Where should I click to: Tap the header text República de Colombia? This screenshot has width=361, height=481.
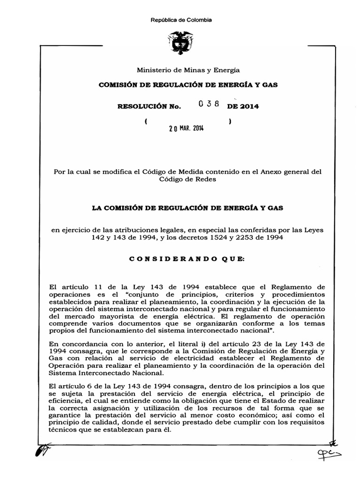click(181, 20)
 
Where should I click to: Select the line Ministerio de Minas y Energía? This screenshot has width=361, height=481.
click(188, 70)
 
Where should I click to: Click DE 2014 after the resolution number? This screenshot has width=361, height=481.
click(243, 107)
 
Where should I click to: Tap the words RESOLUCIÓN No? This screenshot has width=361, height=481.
click(149, 107)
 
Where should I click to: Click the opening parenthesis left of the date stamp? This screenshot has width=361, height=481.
click(147, 121)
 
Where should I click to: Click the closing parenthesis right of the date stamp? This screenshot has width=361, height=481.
click(229, 121)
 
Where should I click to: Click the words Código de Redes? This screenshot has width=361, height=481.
click(188, 179)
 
